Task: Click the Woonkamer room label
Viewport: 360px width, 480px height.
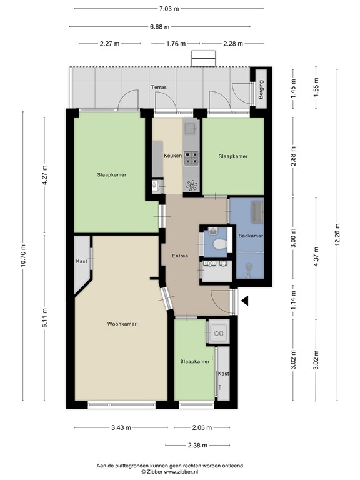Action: click(121, 324)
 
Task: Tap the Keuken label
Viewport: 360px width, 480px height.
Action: click(172, 155)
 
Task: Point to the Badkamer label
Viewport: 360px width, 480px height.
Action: click(251, 236)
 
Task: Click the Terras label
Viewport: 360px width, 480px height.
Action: click(158, 87)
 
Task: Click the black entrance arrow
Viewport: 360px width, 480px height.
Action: click(245, 301)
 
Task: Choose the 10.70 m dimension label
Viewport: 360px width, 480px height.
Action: click(24, 255)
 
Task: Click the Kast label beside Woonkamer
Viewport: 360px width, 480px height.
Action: click(81, 261)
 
